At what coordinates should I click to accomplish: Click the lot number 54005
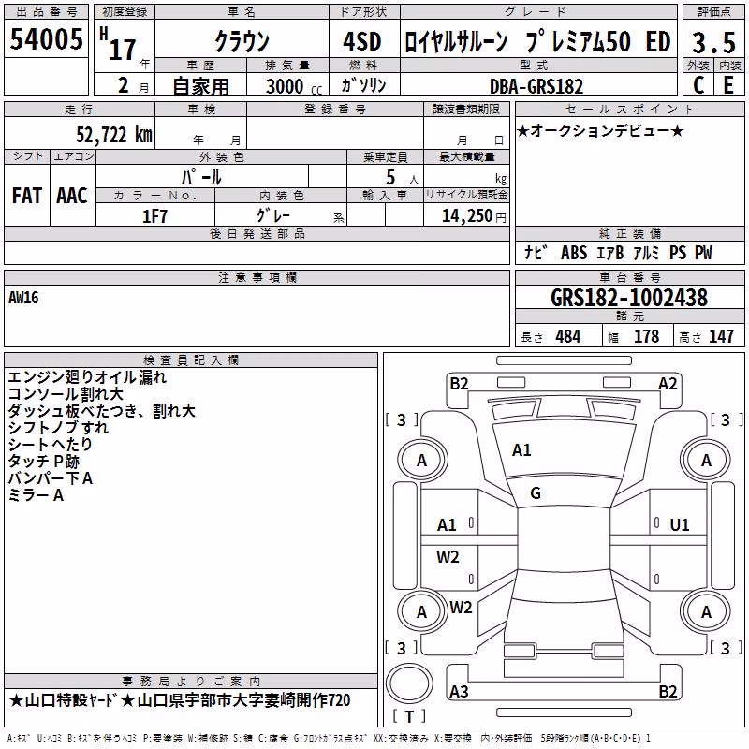pyautogui.click(x=46, y=38)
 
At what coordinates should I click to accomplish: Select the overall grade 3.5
pyautogui.click(x=713, y=42)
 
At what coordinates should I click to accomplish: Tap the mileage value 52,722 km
pyautogui.click(x=114, y=135)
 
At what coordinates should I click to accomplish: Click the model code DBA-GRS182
pyautogui.click(x=536, y=86)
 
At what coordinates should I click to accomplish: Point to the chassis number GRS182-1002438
pyautogui.click(x=629, y=298)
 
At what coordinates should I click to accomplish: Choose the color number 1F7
pyautogui.click(x=154, y=216)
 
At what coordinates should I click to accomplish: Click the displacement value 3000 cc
pyautogui.click(x=294, y=86)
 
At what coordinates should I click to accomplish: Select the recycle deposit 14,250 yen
pyautogui.click(x=474, y=216)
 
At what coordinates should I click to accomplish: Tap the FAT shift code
pyautogui.click(x=27, y=196)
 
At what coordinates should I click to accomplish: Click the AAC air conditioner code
pyautogui.click(x=72, y=196)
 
